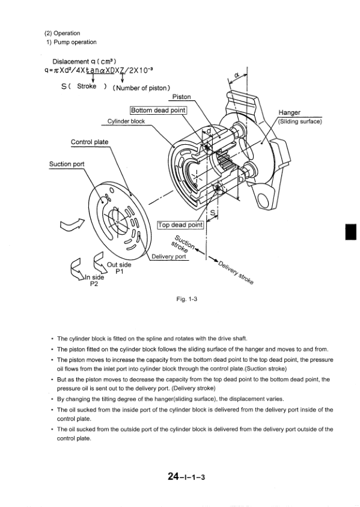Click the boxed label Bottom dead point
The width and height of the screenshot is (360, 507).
pyautogui.click(x=159, y=111)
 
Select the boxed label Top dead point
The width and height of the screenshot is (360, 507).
pyautogui.click(x=180, y=225)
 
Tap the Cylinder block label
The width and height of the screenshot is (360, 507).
pyautogui.click(x=126, y=121)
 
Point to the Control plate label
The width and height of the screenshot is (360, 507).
pyautogui.click(x=90, y=142)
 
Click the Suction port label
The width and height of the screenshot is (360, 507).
pyautogui.click(x=67, y=164)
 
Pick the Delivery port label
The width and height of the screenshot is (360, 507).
pyautogui.click(x=169, y=257)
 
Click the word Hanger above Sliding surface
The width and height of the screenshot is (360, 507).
pyautogui.click(x=290, y=112)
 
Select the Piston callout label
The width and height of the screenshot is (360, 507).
pyautogui.click(x=182, y=97)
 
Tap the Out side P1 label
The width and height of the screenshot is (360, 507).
pyautogui.click(x=119, y=268)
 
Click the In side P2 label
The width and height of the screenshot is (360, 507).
pyautogui.click(x=94, y=281)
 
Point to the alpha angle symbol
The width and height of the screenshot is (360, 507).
pyautogui.click(x=236, y=74)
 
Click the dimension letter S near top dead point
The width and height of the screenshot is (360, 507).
pyautogui.click(x=213, y=212)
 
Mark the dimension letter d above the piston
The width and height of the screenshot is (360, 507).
pyautogui.click(x=209, y=131)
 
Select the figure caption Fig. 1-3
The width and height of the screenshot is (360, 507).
pyautogui.click(x=187, y=299)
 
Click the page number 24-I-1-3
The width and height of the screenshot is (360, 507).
pyautogui.click(x=186, y=476)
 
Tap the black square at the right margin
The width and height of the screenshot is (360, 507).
pyautogui.click(x=351, y=231)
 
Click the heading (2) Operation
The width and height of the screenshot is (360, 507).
pyautogui.click(x=62, y=33)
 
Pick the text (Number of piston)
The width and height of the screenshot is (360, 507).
pyautogui.click(x=141, y=88)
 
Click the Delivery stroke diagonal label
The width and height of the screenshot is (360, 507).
pyautogui.click(x=236, y=273)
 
